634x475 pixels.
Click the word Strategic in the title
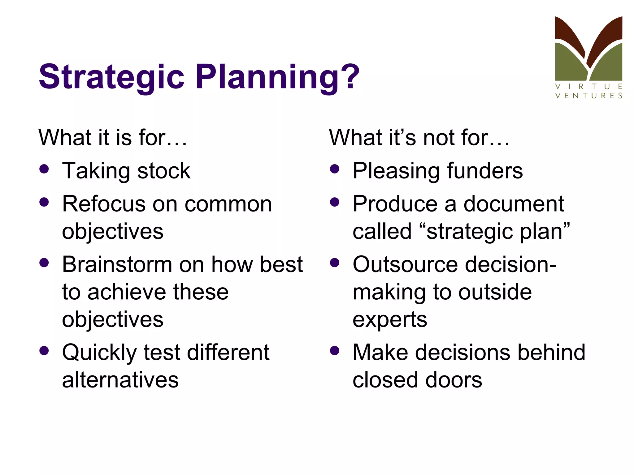click(x=111, y=77)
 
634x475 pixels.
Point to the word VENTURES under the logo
click(x=588, y=96)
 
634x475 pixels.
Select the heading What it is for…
click(x=113, y=138)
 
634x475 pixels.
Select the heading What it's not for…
click(x=419, y=138)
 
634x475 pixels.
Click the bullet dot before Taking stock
click(x=44, y=169)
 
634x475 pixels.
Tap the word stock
click(x=164, y=171)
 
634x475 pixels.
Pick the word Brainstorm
click(x=117, y=265)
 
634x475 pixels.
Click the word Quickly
click(x=99, y=353)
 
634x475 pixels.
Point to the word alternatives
click(x=120, y=380)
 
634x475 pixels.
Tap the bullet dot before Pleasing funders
click(x=335, y=169)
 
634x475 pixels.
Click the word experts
click(x=390, y=319)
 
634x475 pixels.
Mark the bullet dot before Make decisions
click(x=335, y=351)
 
